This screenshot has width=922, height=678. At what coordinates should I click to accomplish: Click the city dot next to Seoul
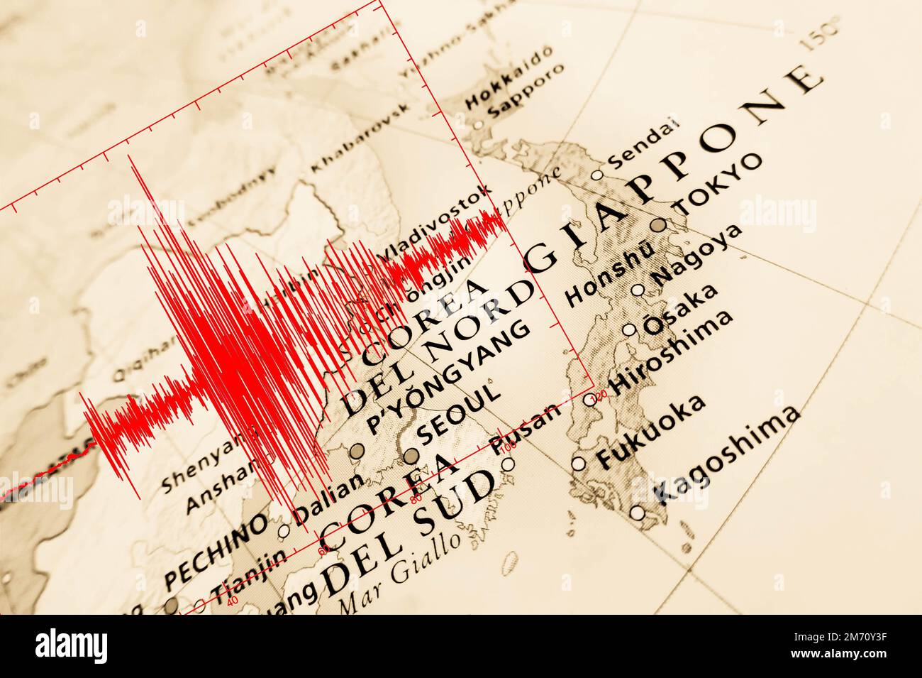click(x=411, y=455)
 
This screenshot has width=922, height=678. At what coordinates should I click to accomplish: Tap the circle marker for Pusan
click(x=508, y=464)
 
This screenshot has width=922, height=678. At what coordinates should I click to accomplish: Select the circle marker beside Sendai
click(x=596, y=175)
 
